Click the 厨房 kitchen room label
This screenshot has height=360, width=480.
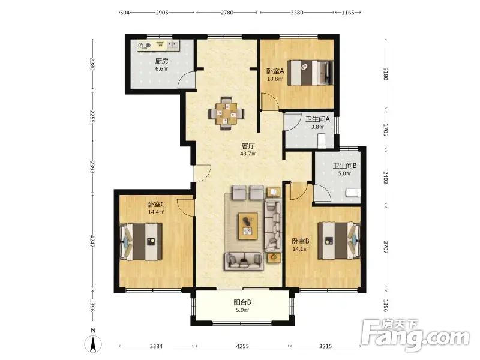[161, 61]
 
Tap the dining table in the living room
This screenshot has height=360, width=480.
[226, 113]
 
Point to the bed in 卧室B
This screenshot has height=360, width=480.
[339, 241]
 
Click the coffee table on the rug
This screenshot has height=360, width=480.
[248, 226]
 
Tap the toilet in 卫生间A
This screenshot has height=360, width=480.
[322, 140]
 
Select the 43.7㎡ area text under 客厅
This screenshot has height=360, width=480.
[248, 154]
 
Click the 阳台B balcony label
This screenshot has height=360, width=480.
[242, 302]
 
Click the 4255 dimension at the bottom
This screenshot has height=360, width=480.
[242, 346]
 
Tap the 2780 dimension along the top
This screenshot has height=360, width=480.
[227, 13]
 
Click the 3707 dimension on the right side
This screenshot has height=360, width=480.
[385, 246]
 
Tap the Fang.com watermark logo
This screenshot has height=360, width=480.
[415, 336]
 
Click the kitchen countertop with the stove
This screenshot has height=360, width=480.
[158, 46]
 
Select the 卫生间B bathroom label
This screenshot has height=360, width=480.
[344, 166]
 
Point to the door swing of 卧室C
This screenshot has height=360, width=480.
[186, 208]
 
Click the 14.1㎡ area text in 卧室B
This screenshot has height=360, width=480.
[301, 249]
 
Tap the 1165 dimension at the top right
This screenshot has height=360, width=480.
[348, 13]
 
